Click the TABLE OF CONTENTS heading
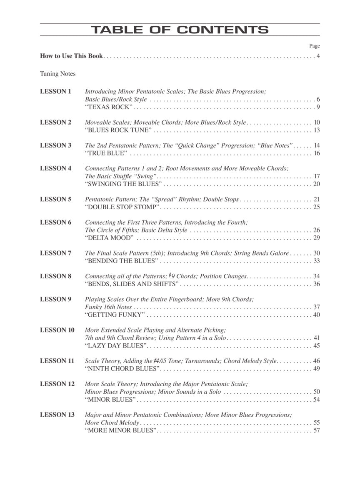180,30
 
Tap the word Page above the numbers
315,46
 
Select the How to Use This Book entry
71,56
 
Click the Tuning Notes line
58,74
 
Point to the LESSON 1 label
56,91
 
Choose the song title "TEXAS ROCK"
109,107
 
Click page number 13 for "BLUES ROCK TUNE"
317,130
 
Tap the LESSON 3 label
56,145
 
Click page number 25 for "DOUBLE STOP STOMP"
317,207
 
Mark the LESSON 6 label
56,222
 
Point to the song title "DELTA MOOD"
110,238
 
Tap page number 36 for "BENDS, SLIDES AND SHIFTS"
317,284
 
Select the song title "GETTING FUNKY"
115,315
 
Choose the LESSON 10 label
57,330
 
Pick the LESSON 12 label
57,384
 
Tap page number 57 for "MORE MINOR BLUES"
317,430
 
